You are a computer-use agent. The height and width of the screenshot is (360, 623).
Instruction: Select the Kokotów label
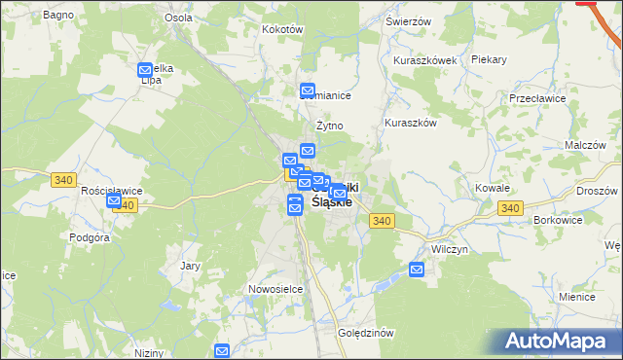[283, 29]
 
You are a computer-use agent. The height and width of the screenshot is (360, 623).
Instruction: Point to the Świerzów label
[408, 21]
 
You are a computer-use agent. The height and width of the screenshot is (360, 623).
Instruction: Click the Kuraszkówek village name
[425, 60]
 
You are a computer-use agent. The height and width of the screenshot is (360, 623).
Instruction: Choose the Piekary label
[489, 59]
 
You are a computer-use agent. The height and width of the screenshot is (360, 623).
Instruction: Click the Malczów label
[585, 145]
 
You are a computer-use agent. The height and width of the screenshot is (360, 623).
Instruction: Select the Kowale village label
[493, 187]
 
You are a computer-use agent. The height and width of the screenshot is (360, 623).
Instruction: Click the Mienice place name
[577, 296]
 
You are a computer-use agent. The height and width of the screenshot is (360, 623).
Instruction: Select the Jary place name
[190, 265]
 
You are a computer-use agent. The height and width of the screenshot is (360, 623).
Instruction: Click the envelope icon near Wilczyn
[417, 270]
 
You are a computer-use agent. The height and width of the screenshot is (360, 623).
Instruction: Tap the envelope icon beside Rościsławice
[115, 202]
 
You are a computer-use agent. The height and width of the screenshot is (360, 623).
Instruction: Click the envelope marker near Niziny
[222, 351]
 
